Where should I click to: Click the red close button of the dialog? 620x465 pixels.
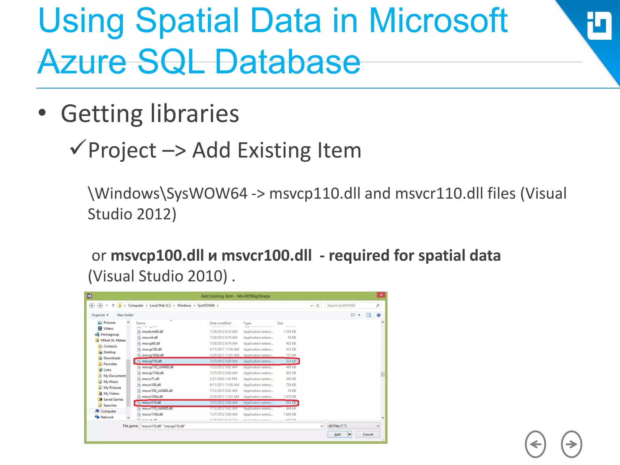pos(381,295)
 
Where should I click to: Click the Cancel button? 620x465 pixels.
pos(368,434)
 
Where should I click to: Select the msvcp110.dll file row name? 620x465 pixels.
pos(152,361)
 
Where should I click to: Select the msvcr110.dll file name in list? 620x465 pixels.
pos(152,403)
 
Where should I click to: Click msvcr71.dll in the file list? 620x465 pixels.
pos(150,379)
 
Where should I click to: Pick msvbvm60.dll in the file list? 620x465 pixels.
pos(153,332)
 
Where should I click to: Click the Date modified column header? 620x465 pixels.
pos(220,323)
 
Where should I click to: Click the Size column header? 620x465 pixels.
pos(280,323)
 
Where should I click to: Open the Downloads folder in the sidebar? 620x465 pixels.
pos(112,358)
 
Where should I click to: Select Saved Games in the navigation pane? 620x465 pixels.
pos(113,400)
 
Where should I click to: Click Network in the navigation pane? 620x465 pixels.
pos(107,417)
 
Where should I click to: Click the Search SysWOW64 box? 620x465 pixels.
pos(351,305)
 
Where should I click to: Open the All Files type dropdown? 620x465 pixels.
pos(354,426)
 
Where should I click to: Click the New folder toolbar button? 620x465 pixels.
pos(125,315)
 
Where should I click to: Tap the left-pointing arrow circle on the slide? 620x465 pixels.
pos(535,444)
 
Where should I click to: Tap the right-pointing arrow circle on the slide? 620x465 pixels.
pos(571,444)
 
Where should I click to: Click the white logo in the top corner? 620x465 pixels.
pos(599,26)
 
